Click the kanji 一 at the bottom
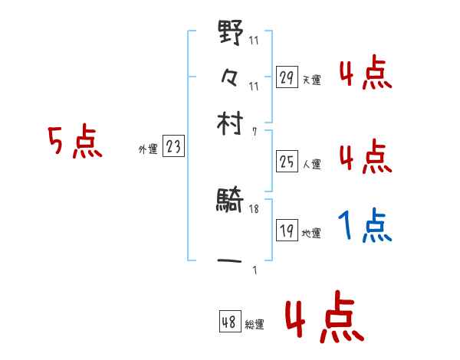coord(230,260)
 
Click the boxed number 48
coord(229,322)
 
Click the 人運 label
coord(311,164)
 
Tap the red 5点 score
coord(74,142)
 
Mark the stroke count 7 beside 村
coord(255,131)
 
